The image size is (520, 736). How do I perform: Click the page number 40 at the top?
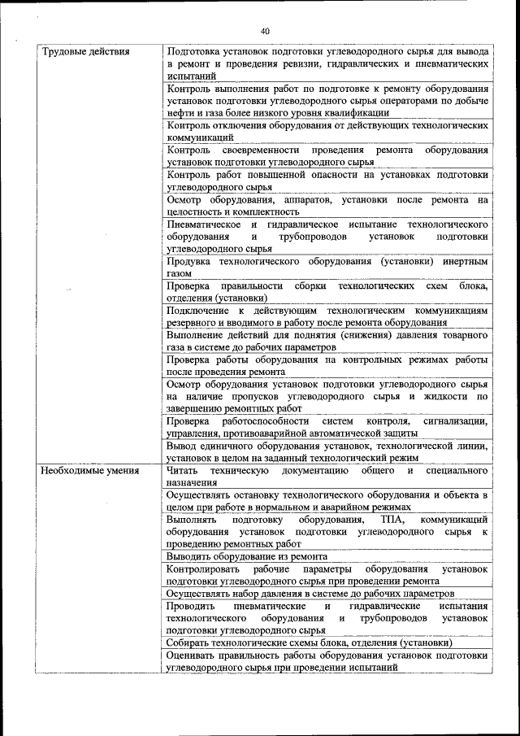coord(265,31)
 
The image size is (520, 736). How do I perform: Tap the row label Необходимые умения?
coord(90,470)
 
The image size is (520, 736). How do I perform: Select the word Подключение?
coord(197,310)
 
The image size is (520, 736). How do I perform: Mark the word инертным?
coord(466,262)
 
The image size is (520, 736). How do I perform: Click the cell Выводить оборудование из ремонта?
coord(246,556)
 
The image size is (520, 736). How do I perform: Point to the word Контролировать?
coord(202,568)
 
